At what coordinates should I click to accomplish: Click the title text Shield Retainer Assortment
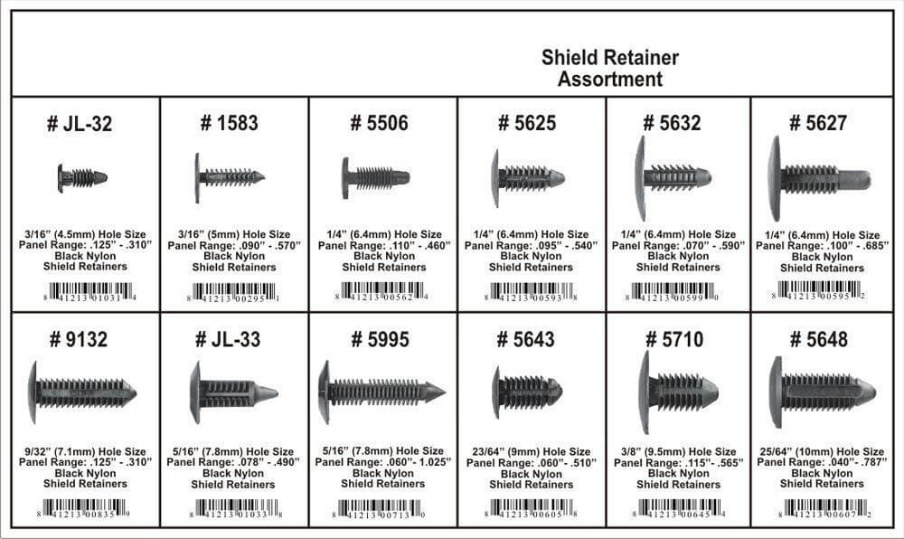pyautogui.click(x=610, y=69)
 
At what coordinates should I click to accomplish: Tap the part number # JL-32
pyautogui.click(x=80, y=124)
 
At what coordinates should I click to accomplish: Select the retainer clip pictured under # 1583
pyautogui.click(x=229, y=177)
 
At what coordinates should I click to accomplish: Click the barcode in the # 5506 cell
pyautogui.click(x=381, y=291)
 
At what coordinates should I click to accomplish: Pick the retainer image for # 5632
pyautogui.click(x=673, y=177)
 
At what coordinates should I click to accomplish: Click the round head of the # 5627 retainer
pyautogui.click(x=775, y=178)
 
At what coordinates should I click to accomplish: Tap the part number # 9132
pyautogui.click(x=80, y=340)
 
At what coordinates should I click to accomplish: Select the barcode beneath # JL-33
pyautogui.click(x=233, y=508)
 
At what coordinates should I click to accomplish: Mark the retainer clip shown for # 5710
pyautogui.click(x=677, y=392)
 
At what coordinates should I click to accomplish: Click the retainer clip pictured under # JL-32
pyautogui.click(x=81, y=177)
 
